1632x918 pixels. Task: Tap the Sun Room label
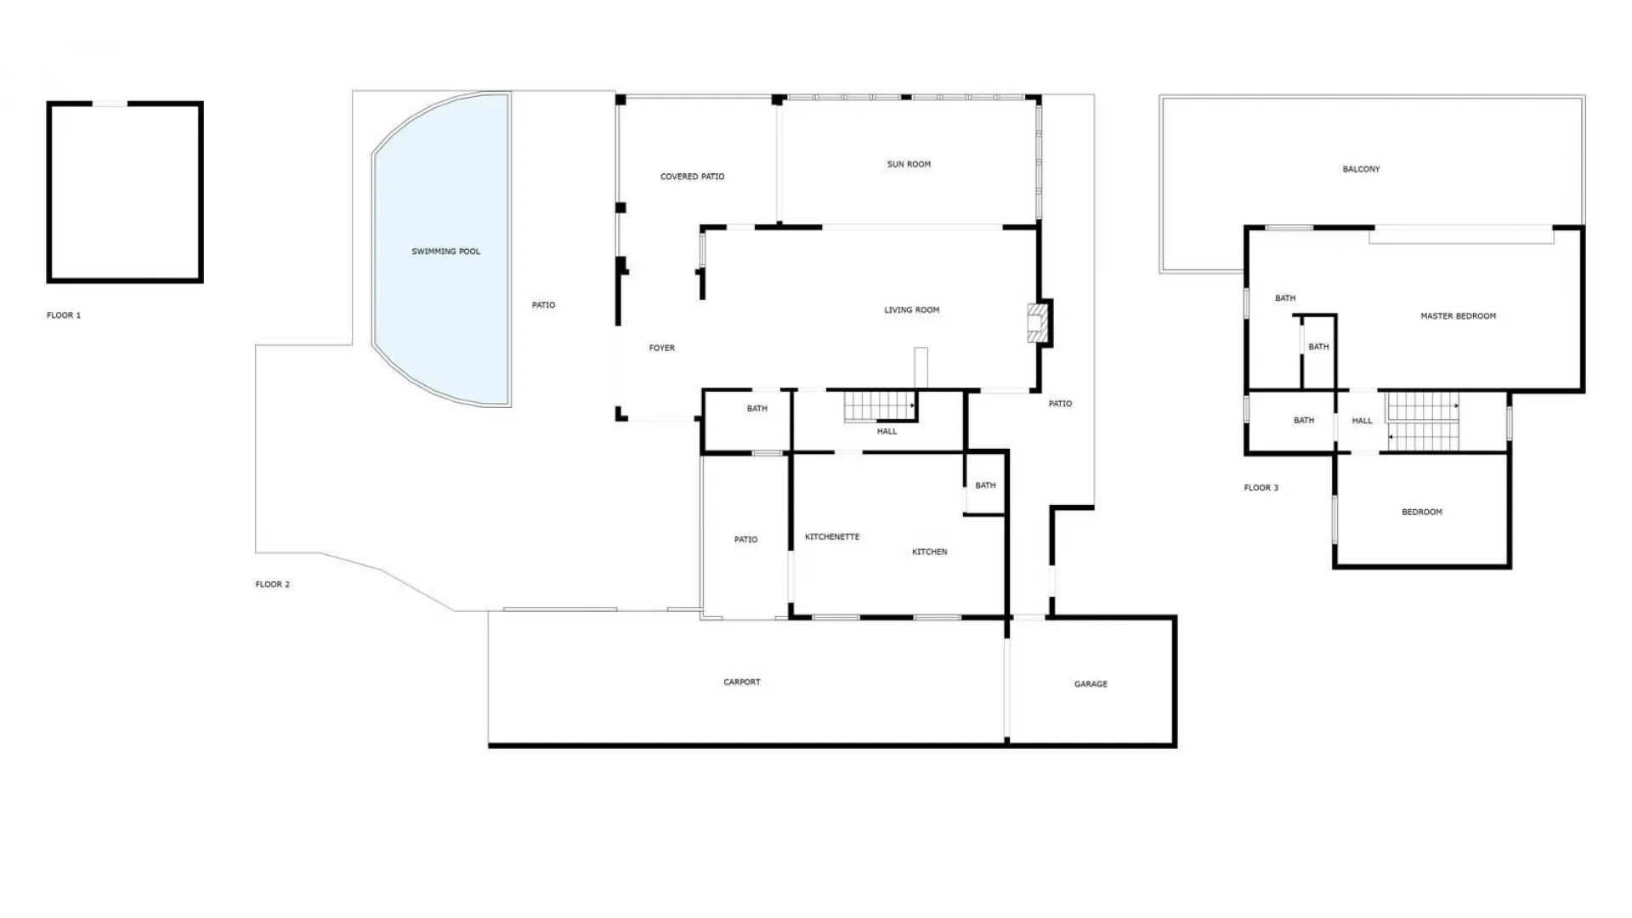[909, 164]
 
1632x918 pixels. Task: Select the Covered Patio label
[692, 177]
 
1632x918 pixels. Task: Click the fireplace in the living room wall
[1040, 322]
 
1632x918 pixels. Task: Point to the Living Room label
[911, 310]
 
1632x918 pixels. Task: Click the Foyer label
[661, 348]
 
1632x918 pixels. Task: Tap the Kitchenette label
[832, 537]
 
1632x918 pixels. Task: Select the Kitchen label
[929, 552]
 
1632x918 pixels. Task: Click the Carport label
[741, 682]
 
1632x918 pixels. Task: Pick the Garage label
[1091, 684]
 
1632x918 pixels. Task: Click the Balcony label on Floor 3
[1361, 169]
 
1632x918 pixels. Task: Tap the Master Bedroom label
[1458, 316]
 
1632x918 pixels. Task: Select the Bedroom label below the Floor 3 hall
[1421, 513]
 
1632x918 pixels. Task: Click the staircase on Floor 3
[1423, 422]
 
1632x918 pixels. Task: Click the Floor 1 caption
[64, 315]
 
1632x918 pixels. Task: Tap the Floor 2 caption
[272, 585]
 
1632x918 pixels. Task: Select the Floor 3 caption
[1261, 488]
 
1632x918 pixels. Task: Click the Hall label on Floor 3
[1362, 421]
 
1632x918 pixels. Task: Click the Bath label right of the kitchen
[985, 486]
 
